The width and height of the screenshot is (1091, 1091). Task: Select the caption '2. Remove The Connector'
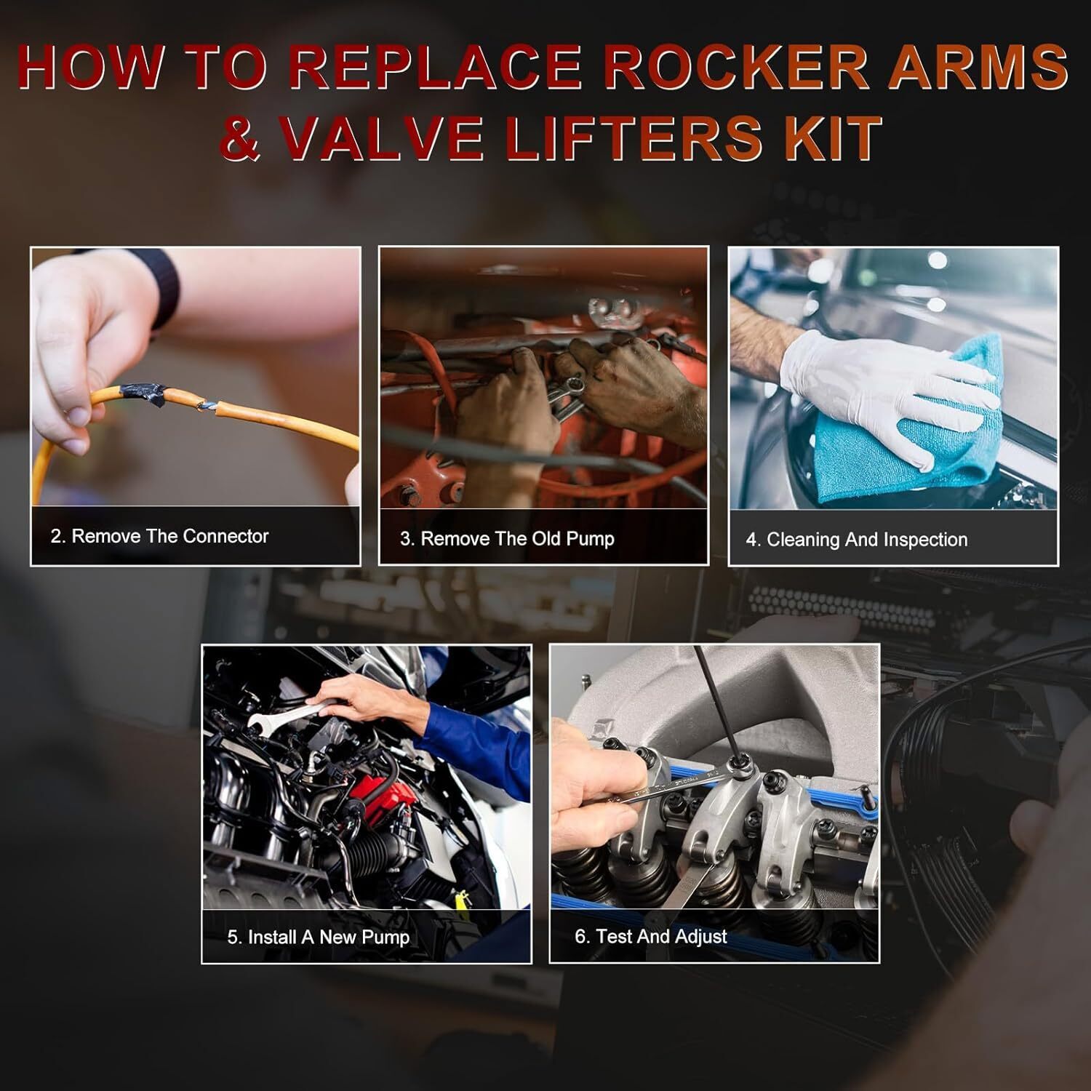(159, 537)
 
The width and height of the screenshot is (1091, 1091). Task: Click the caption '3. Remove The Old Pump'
(507, 539)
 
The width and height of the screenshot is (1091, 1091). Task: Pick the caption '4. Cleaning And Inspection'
(856, 540)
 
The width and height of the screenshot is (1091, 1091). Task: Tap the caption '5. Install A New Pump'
(319, 937)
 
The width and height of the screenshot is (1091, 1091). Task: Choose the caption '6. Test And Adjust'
(650, 936)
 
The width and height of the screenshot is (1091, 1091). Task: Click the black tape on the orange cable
(146, 395)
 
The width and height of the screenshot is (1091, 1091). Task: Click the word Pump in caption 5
(387, 938)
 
